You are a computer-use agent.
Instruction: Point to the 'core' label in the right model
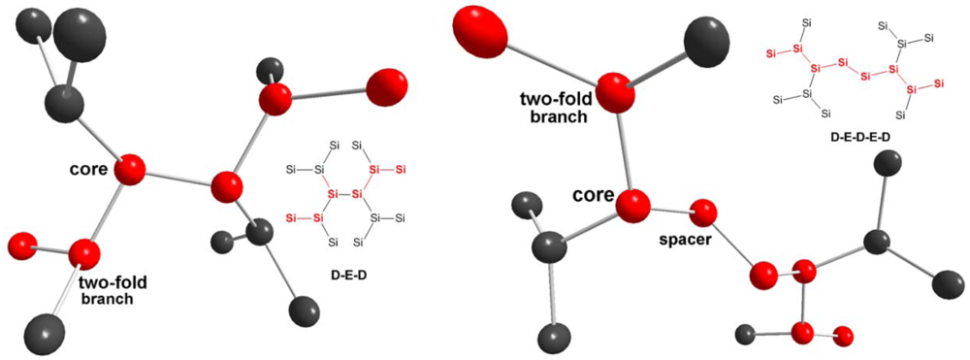[593, 194]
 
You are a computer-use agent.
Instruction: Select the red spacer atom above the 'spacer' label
[704, 211]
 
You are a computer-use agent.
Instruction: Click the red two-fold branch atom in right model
[613, 92]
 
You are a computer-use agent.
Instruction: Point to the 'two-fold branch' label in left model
[107, 288]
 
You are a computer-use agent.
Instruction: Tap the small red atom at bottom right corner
[843, 336]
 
